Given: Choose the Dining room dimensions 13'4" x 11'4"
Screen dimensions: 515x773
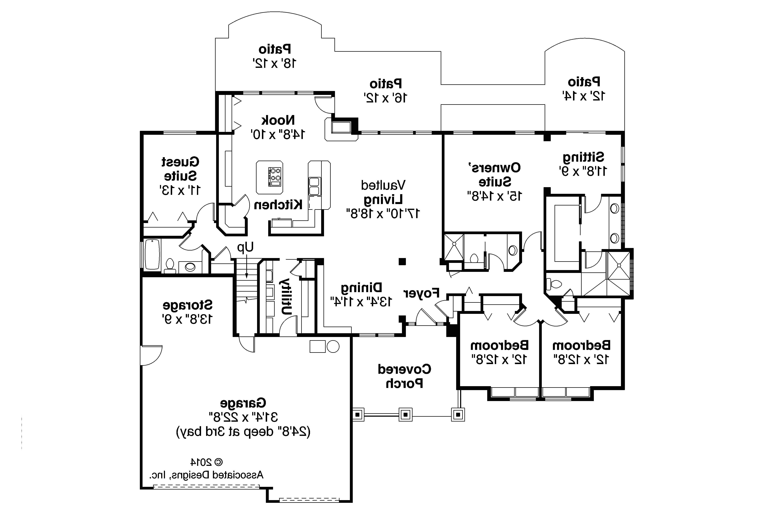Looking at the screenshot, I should coord(361,301).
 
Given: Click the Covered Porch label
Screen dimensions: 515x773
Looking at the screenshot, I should coord(404,376).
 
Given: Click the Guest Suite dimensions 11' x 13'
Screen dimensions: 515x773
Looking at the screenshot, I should coord(180,190).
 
